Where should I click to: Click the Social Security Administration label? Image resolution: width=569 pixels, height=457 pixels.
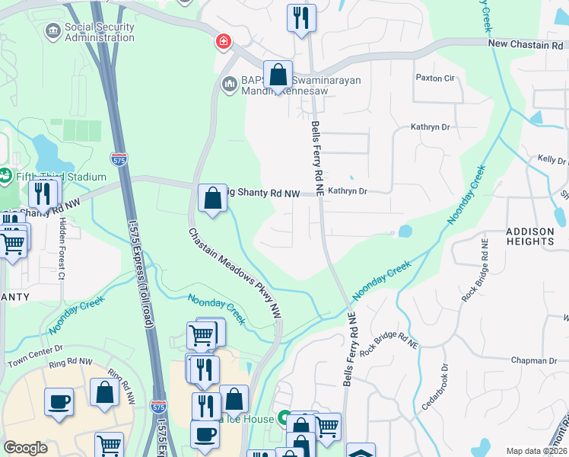pyautogui.click(x=99, y=33)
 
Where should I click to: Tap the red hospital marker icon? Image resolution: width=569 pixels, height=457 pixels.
pyautogui.click(x=223, y=41)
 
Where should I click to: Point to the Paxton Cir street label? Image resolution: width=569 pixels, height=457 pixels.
pyautogui.click(x=434, y=78)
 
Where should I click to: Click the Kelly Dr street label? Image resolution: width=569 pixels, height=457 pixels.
pyautogui.click(x=552, y=159)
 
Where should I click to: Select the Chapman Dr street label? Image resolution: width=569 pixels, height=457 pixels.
pyautogui.click(x=534, y=360)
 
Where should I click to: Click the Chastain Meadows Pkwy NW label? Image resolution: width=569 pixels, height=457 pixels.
pyautogui.click(x=237, y=273)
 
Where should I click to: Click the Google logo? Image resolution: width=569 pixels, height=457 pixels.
pyautogui.click(x=25, y=448)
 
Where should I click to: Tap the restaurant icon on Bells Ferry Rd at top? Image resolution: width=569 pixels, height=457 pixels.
pyautogui.click(x=301, y=18)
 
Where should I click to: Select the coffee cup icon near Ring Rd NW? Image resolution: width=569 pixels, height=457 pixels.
pyautogui.click(x=59, y=401)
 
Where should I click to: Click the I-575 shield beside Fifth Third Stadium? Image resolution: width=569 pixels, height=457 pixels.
pyautogui.click(x=118, y=159)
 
